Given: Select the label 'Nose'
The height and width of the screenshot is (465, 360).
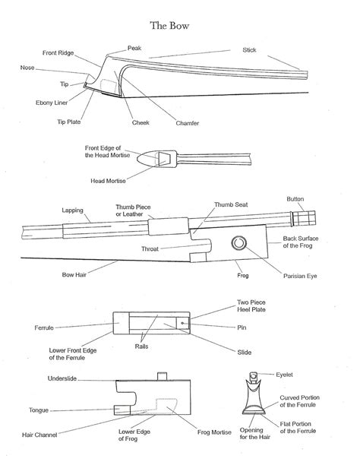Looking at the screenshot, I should (27, 68).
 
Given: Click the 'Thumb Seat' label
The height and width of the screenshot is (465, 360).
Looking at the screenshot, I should (231, 204).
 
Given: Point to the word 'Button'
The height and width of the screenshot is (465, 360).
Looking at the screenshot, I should (295, 198).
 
